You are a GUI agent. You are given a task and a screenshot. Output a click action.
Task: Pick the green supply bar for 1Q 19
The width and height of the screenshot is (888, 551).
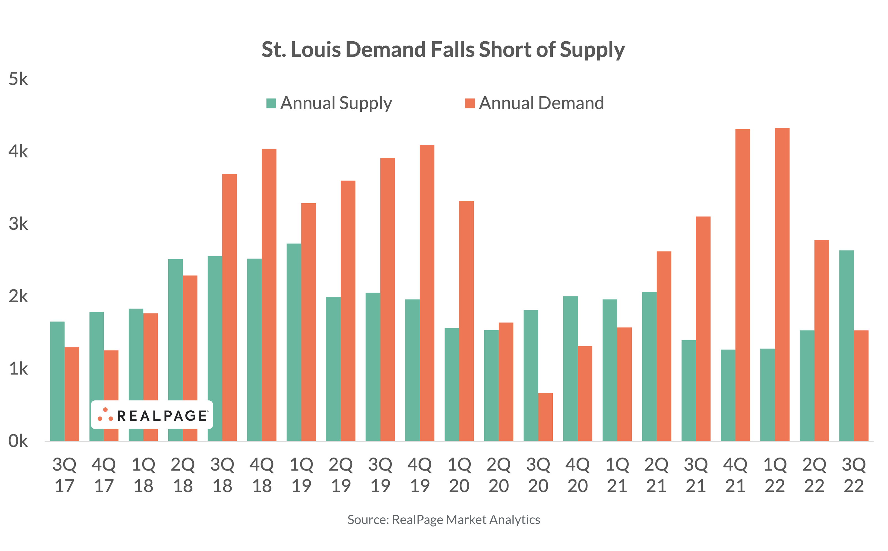point(294,342)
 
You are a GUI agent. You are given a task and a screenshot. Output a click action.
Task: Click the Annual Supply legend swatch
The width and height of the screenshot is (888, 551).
point(271,103)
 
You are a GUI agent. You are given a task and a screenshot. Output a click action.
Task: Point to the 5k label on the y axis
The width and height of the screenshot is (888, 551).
point(18,79)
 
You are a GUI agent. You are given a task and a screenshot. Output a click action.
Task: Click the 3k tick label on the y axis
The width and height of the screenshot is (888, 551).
point(18,224)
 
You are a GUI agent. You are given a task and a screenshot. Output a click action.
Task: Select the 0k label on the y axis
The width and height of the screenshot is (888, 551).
point(18,441)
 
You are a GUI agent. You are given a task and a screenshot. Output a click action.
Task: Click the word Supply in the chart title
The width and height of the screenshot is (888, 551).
point(592,50)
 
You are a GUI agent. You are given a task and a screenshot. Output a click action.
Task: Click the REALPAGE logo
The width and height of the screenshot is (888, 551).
point(152,415)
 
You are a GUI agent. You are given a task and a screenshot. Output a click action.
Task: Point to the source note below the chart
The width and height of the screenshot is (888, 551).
point(443,520)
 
